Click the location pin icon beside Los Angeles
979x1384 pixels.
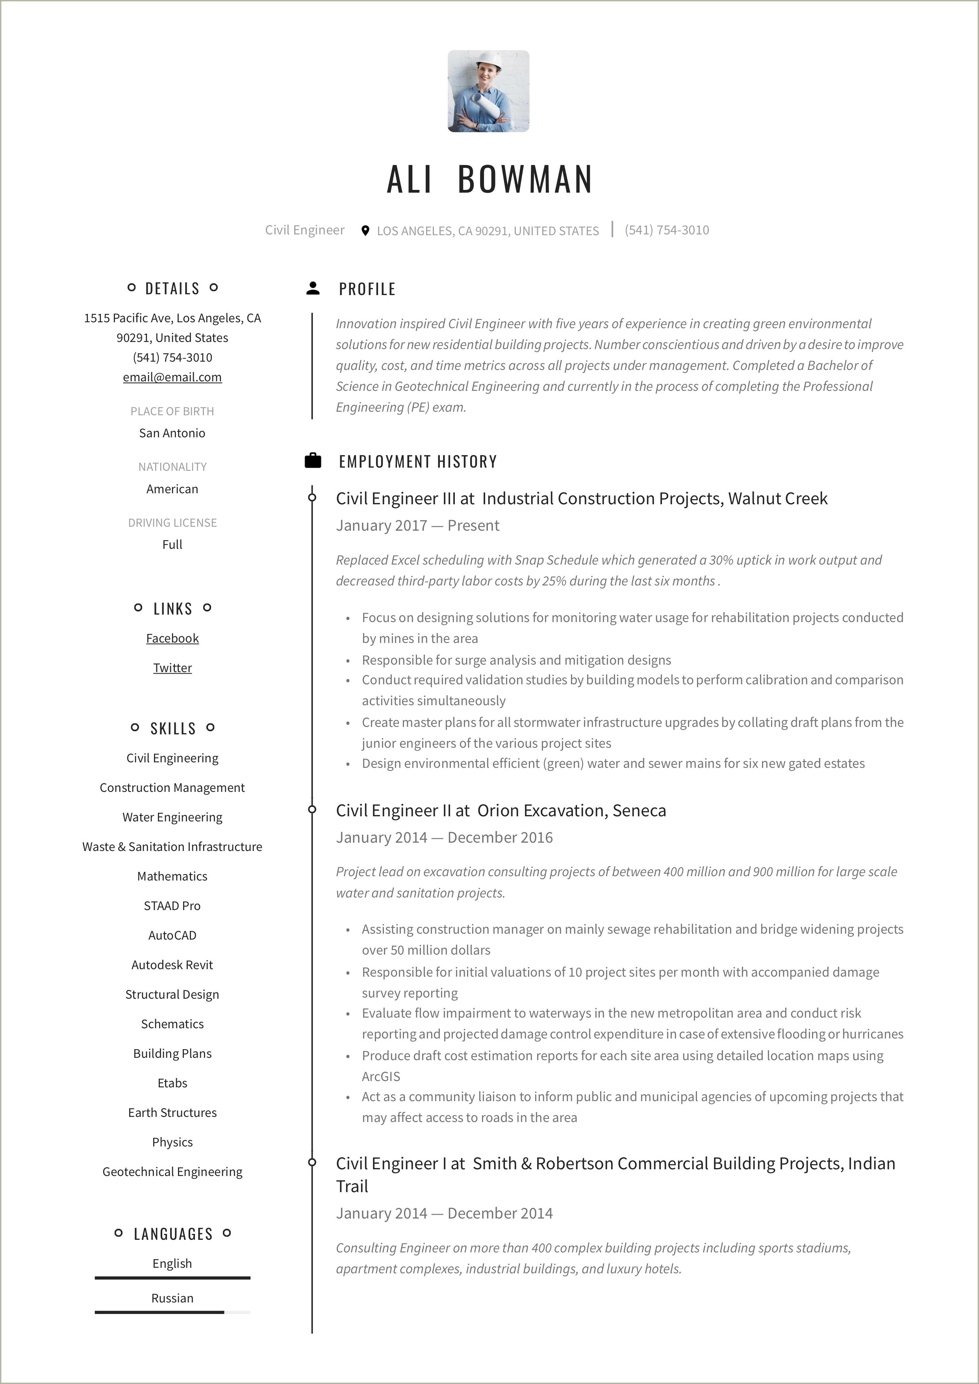click(x=365, y=230)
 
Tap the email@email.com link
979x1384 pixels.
click(x=172, y=377)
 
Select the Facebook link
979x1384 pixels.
click(x=172, y=638)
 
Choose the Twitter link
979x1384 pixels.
click(x=172, y=668)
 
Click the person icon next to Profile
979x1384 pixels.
click(x=313, y=288)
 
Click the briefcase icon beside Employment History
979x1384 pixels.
click(x=313, y=461)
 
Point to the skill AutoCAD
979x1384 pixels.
click(x=172, y=935)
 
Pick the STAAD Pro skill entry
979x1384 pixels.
click(x=172, y=905)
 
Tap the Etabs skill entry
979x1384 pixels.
click(x=172, y=1083)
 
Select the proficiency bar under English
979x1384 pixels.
click(x=172, y=1277)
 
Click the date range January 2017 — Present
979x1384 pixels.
click(x=417, y=525)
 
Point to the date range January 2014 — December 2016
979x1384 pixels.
click(x=444, y=837)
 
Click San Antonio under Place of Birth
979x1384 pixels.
click(x=172, y=433)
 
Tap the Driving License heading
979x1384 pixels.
click(x=172, y=522)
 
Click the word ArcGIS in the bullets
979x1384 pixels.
click(x=380, y=1076)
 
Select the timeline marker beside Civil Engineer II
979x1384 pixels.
click(x=312, y=809)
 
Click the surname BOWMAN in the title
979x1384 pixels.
click(x=525, y=179)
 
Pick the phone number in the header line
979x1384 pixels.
click(x=667, y=230)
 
